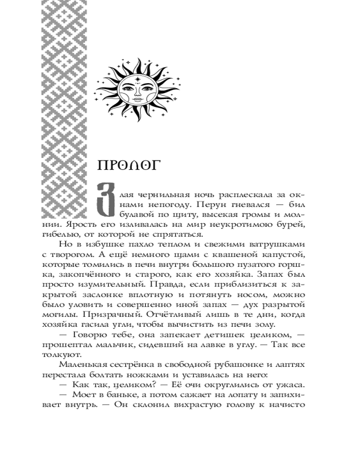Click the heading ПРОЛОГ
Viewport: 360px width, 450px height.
pyautogui.click(x=127, y=165)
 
